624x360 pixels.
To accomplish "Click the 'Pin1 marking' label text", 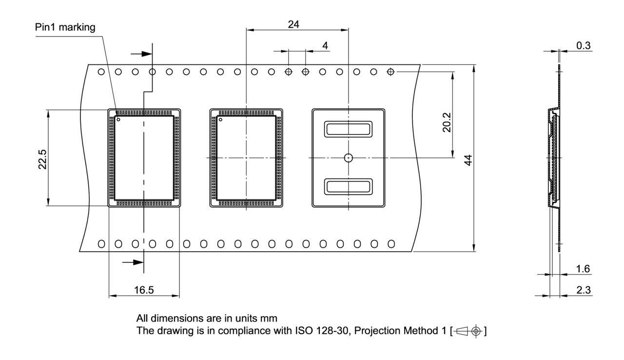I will (65, 27).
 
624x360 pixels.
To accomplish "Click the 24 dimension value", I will (293, 24).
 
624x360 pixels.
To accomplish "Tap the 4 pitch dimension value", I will (325, 46).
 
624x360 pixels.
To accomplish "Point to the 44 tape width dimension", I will (468, 159).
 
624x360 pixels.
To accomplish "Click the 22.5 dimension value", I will (42, 158).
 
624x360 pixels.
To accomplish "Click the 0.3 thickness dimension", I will (583, 45).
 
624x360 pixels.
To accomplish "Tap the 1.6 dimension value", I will (583, 269).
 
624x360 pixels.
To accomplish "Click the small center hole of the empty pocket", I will (348, 157).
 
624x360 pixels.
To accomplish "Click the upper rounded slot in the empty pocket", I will (348, 129).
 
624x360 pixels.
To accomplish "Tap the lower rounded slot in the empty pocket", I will (348, 186).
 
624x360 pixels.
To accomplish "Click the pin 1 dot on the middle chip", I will (220, 119).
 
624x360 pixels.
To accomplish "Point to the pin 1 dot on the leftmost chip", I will (118, 119).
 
